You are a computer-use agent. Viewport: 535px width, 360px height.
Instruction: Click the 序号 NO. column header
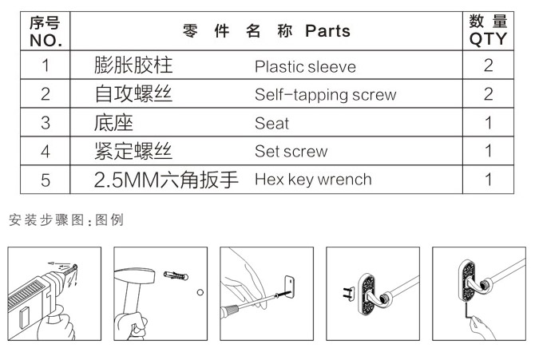click(46, 31)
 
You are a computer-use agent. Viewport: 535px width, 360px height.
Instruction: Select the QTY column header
click(487, 31)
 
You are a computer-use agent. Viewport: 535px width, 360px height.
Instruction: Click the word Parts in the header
click(327, 31)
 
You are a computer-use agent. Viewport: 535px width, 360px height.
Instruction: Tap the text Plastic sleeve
click(305, 66)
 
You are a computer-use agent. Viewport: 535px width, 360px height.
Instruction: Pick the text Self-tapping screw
click(325, 95)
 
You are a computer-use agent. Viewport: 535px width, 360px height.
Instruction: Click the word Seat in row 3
click(271, 124)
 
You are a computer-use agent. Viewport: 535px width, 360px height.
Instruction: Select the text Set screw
click(291, 152)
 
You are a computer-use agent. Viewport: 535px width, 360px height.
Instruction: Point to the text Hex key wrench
click(313, 180)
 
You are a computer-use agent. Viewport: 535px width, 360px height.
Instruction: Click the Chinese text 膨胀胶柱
click(133, 65)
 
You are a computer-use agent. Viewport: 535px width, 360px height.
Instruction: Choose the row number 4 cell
click(46, 152)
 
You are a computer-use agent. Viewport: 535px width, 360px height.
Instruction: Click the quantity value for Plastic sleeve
click(488, 66)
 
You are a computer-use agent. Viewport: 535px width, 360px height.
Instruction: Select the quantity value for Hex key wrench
click(488, 180)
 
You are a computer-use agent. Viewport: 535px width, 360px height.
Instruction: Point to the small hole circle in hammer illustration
click(200, 292)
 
